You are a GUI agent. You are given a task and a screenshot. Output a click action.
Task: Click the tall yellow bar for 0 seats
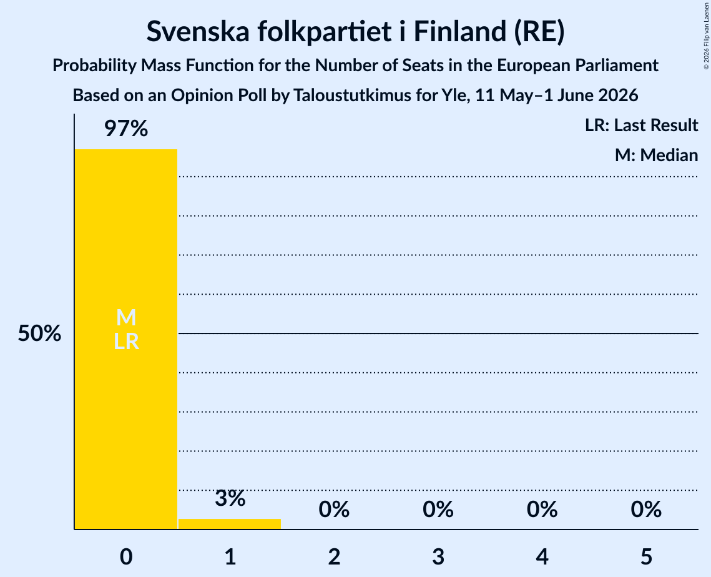point(126,339)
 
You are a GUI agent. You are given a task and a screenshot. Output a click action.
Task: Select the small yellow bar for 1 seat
point(230,524)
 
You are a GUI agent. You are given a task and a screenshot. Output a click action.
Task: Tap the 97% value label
point(126,129)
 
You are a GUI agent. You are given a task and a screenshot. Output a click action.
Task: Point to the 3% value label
point(230,498)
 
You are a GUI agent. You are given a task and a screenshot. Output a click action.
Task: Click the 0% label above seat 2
point(334,510)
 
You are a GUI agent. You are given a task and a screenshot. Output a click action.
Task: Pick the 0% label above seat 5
point(646,510)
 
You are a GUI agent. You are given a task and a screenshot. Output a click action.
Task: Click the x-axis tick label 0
point(126,556)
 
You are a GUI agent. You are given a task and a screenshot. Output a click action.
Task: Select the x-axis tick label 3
point(438,556)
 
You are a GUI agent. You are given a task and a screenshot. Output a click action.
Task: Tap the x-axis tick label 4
point(542,556)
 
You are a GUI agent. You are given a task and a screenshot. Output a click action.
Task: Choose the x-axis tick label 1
point(230,556)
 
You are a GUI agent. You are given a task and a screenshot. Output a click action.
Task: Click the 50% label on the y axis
point(39,333)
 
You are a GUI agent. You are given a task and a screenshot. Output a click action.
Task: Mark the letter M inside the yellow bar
point(126,317)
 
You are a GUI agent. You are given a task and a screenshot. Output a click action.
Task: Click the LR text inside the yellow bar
point(126,342)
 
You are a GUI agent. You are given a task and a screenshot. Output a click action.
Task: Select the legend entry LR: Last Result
point(641,125)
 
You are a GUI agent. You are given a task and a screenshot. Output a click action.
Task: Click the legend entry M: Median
point(656,155)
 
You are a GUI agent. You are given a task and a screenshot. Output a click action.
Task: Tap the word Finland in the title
point(459,31)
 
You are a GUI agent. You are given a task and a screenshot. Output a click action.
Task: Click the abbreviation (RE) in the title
point(539,32)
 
